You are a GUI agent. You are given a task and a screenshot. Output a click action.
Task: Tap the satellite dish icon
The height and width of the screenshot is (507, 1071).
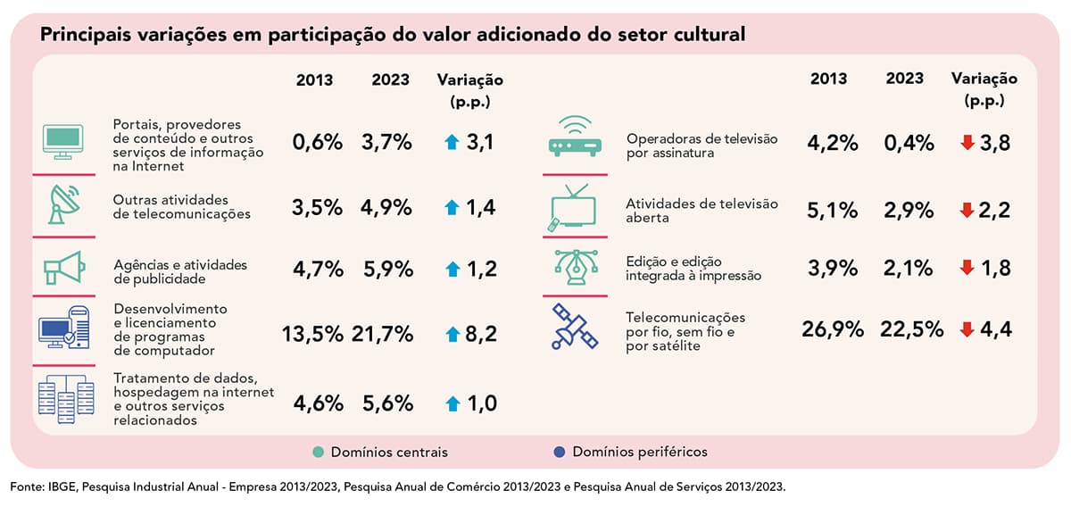(62, 204)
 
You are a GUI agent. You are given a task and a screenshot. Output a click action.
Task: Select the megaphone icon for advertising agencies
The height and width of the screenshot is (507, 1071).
(62, 268)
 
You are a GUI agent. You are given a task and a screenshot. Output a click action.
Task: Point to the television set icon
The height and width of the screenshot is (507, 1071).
(571, 208)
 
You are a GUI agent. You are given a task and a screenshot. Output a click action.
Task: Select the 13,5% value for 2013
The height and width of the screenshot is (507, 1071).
(312, 334)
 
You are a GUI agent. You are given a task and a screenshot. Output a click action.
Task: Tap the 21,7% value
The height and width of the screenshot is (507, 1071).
(383, 334)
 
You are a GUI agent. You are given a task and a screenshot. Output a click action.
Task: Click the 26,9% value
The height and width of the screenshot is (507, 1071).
(833, 329)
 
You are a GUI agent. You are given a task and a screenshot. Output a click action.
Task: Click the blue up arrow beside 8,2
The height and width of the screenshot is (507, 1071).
(452, 335)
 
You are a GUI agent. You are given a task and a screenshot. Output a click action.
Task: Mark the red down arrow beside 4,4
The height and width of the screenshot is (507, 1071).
(967, 329)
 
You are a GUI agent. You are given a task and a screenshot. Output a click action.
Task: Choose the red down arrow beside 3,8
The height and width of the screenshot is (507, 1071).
(967, 143)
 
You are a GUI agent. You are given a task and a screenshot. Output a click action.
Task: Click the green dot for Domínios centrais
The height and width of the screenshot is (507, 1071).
(318, 452)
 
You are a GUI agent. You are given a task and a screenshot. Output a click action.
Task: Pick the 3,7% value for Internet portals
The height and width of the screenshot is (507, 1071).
(386, 142)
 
